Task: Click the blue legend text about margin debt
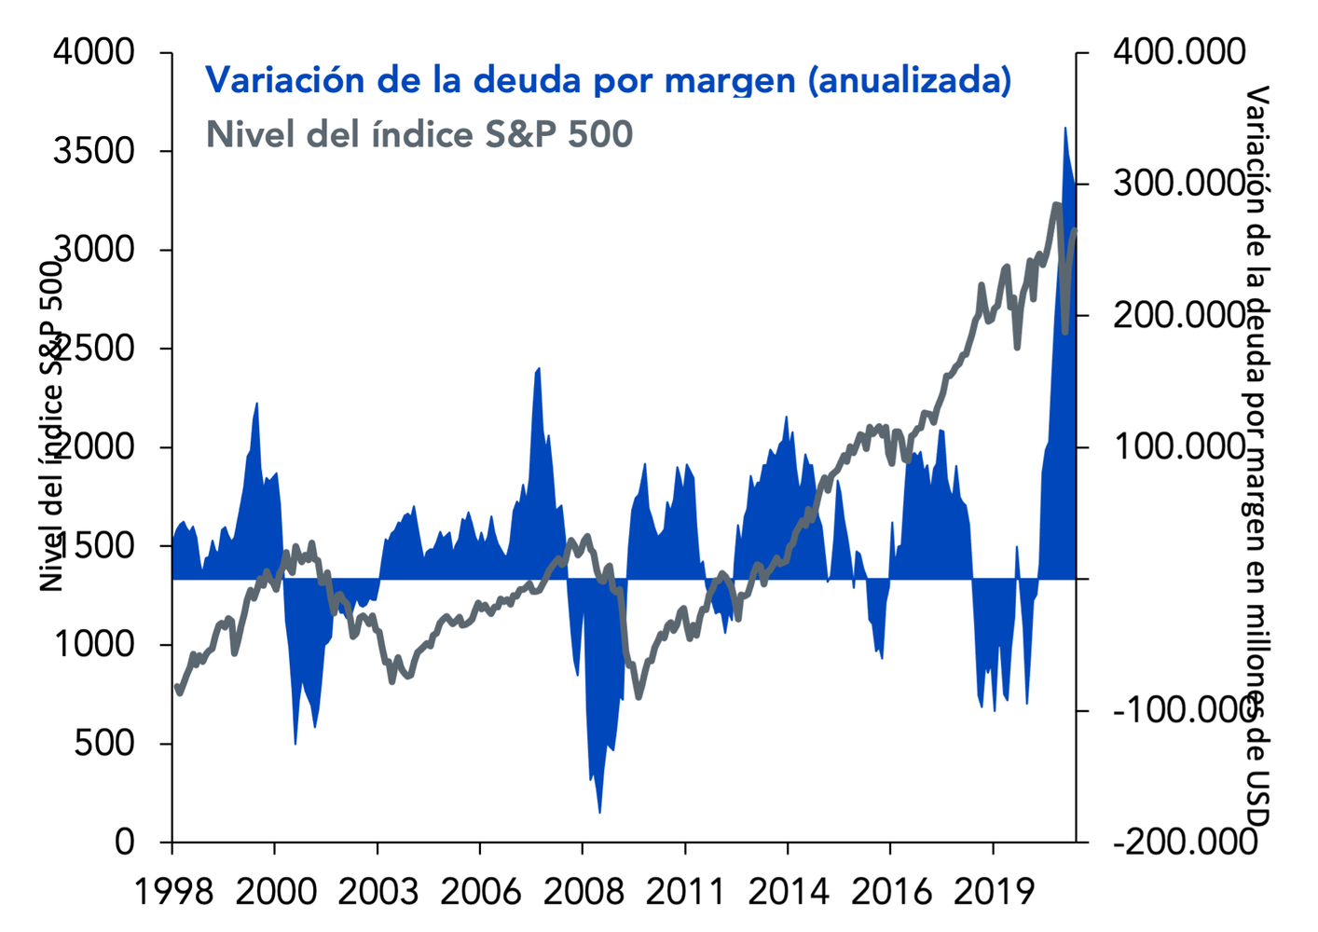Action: [x=608, y=80]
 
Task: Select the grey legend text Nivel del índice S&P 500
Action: [x=419, y=134]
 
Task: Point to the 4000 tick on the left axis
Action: [x=94, y=52]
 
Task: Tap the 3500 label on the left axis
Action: [x=94, y=151]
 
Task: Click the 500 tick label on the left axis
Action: [x=104, y=744]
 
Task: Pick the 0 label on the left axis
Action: [x=125, y=843]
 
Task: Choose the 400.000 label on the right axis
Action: [x=1179, y=52]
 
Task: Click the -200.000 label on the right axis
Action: [x=1185, y=843]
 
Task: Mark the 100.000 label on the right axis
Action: [x=1179, y=447]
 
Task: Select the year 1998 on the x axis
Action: [x=173, y=892]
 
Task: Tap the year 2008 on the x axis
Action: [x=583, y=892]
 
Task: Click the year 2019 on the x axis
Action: [x=994, y=892]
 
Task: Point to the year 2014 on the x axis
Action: [x=789, y=892]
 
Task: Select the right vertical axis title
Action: [x=1258, y=457]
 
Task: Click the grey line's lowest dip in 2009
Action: [x=638, y=695]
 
